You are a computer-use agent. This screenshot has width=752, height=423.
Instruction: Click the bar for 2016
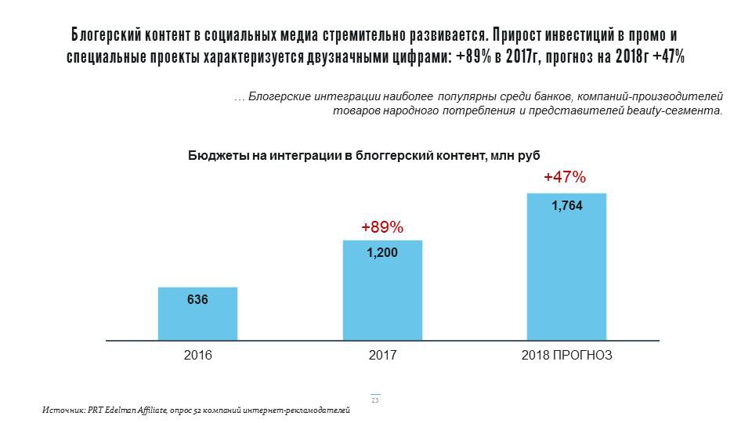tap(197, 313)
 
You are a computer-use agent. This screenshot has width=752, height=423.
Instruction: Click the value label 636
tap(197, 299)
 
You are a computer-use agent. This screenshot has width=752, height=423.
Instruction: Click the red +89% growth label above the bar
tap(382, 228)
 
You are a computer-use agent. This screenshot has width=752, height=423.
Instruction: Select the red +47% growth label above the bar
tap(565, 178)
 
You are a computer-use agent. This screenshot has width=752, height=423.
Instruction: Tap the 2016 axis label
tap(197, 355)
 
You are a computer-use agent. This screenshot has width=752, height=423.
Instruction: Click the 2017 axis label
tap(382, 355)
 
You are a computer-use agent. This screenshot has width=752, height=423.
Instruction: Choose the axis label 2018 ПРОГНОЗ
tap(566, 355)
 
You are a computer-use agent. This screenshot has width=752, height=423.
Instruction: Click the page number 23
tap(375, 400)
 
